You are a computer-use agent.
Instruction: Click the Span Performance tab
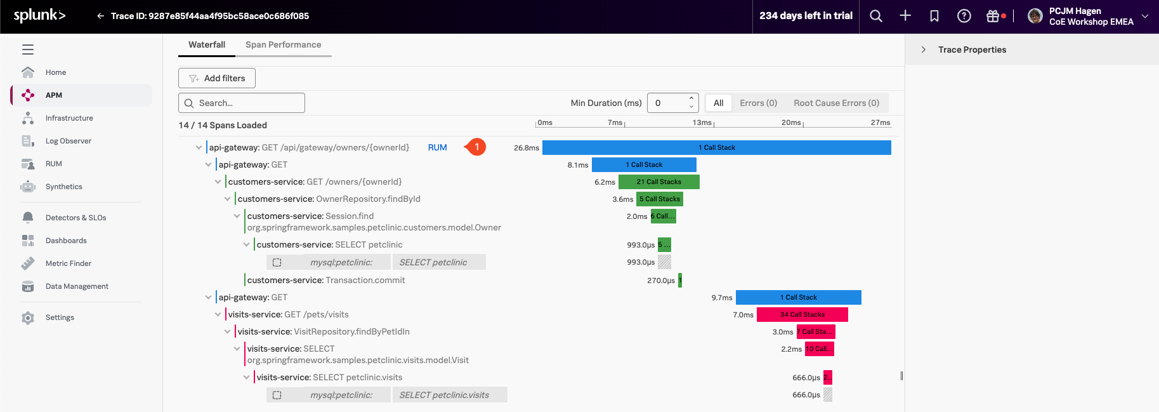tap(283, 44)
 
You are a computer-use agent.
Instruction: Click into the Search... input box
tap(247, 103)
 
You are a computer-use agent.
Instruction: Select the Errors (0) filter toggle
tap(758, 103)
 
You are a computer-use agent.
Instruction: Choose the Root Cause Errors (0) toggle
tap(836, 103)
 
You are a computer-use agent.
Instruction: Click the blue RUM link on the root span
tap(437, 147)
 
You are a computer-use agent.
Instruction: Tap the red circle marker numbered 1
tap(476, 147)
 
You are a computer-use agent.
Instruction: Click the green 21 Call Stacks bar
tap(658, 182)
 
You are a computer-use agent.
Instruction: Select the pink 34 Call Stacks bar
tap(802, 314)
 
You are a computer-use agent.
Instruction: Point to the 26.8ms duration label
tap(526, 148)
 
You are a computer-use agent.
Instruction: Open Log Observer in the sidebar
tap(68, 141)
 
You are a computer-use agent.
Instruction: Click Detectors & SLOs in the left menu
tap(75, 218)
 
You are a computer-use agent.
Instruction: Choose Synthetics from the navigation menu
tap(63, 187)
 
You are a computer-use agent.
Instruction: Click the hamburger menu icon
tap(28, 50)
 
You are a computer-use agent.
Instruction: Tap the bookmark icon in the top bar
tap(934, 16)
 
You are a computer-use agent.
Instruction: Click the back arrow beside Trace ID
tap(100, 16)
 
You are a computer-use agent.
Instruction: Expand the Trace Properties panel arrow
tap(924, 50)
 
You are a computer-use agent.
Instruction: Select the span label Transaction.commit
tap(365, 280)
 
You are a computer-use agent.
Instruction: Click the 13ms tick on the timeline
tap(702, 123)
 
